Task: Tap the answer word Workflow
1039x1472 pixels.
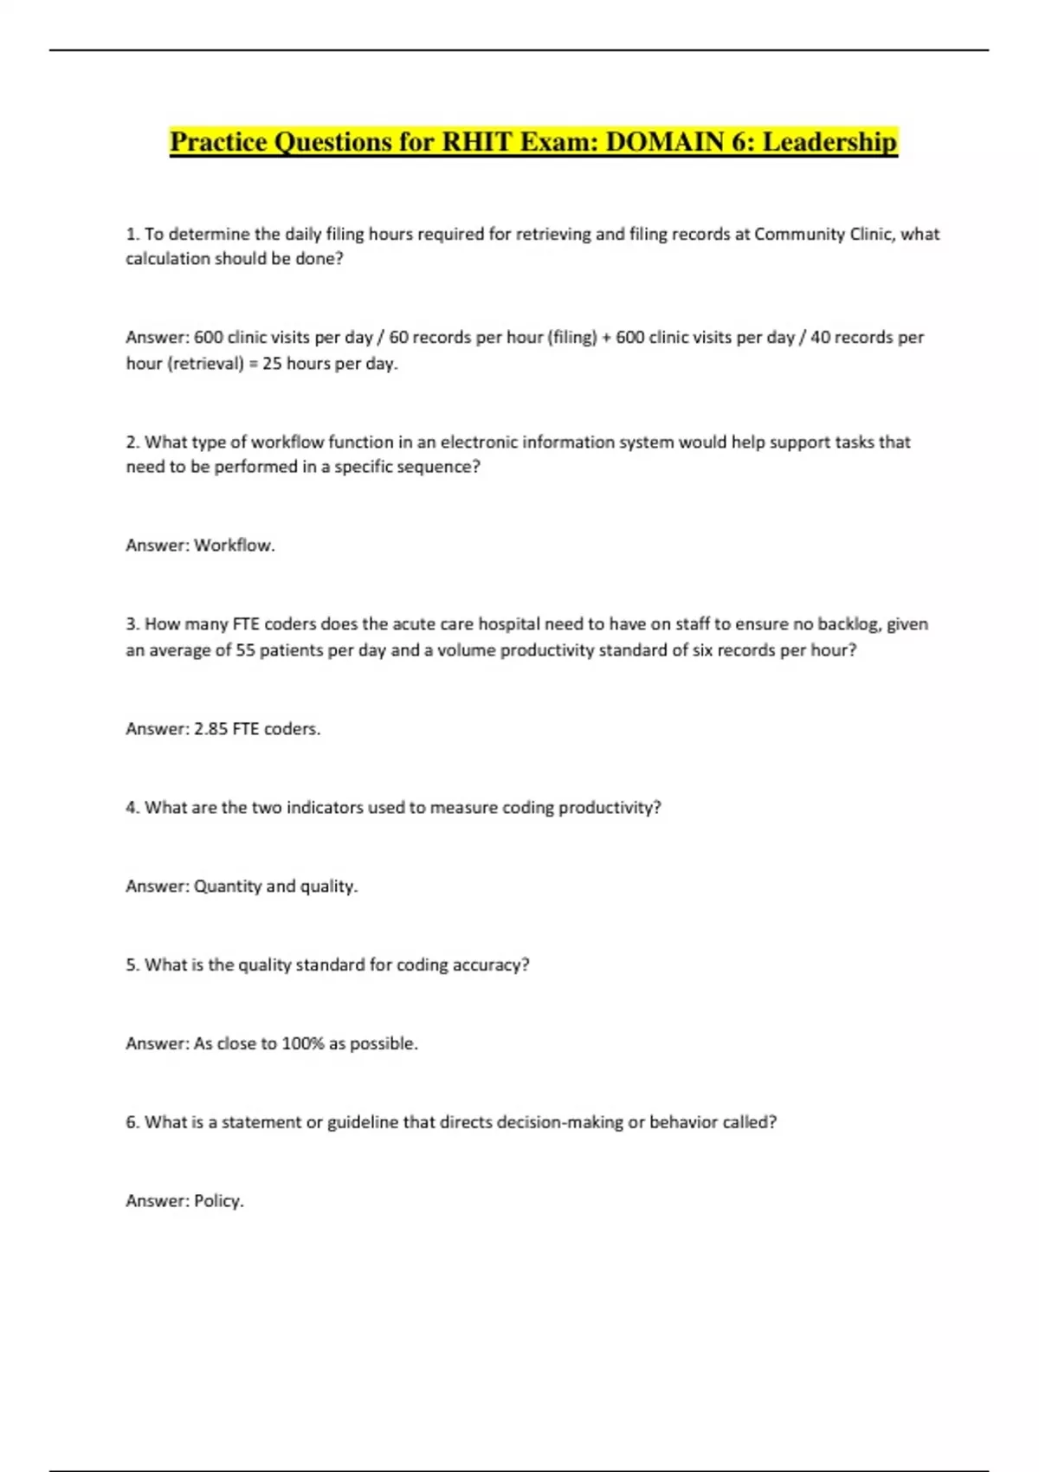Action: pyautogui.click(x=233, y=546)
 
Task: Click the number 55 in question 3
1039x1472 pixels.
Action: pyautogui.click(x=246, y=650)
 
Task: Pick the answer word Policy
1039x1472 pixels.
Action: pyautogui.click(x=217, y=1201)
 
